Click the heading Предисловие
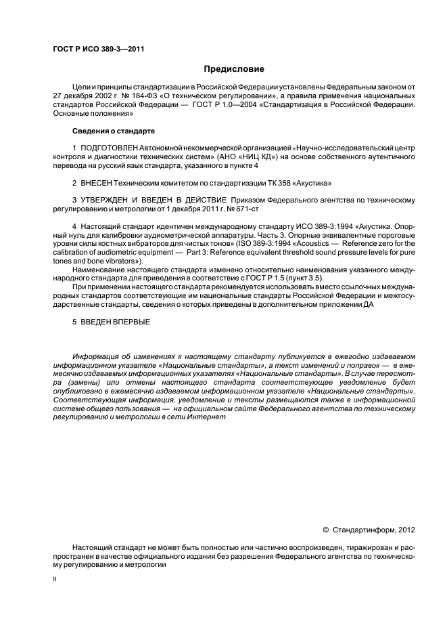[x=233, y=69]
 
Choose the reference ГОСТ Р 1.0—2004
[x=223, y=105]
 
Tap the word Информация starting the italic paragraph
[x=98, y=356]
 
